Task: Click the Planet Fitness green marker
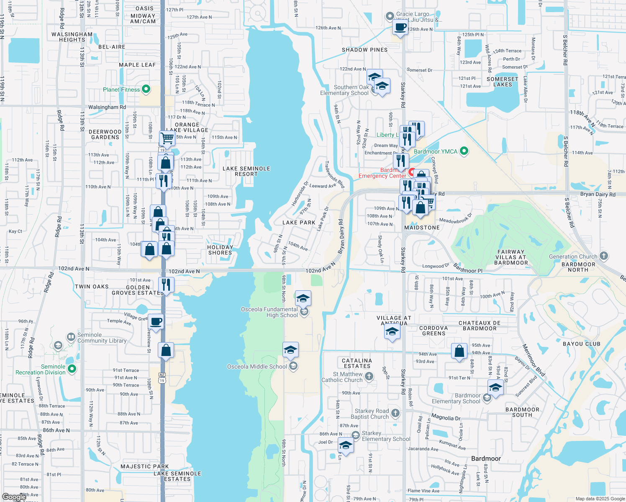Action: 146,89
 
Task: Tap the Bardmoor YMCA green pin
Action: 464,151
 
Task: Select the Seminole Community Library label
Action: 102,338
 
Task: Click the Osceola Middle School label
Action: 257,366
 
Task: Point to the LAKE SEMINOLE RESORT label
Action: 246,171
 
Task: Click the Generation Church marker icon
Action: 603,256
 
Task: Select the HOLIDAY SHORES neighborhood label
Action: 220,250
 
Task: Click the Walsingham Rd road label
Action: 107,107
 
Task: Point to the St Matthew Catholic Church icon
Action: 369,376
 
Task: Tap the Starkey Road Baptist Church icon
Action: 395,413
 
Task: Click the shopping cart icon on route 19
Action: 167,138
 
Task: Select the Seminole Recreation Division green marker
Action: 72,369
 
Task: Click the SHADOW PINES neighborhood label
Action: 364,50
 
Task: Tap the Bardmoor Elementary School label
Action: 456,398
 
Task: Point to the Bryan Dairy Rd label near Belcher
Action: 598,194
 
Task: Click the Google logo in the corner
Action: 13,497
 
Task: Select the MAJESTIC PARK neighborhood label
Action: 144,466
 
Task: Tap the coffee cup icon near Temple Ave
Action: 156,322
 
